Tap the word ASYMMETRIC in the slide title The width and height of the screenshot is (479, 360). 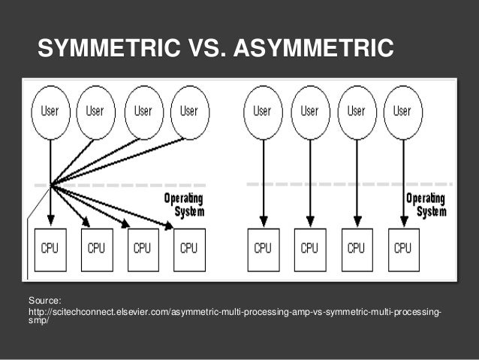pos(313,49)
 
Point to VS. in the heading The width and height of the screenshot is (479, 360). pos(204,49)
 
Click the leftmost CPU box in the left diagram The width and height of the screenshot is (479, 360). pos(50,249)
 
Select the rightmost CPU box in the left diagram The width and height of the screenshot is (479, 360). pos(188,249)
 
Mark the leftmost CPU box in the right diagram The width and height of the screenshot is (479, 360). pos(263,249)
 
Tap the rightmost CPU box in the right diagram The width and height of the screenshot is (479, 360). pos(402,249)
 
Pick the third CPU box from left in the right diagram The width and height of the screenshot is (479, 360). pos(357,249)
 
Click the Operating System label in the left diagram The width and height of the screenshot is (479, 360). pos(184,204)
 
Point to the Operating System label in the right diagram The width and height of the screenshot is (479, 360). pos(426,204)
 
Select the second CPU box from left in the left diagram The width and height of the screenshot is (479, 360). pos(96,249)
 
